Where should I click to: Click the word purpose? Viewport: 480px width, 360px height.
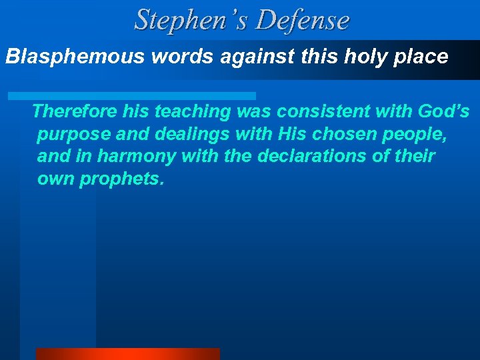(73, 134)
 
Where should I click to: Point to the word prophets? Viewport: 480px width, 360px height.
(121, 179)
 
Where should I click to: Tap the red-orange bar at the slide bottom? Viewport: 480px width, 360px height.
(127, 354)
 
